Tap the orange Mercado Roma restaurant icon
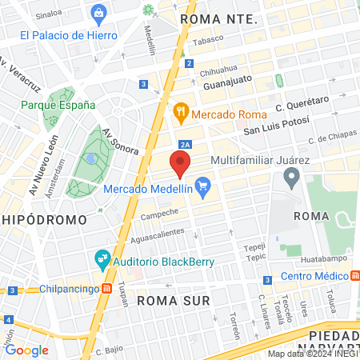(x=181, y=113)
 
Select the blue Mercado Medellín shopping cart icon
(x=203, y=190)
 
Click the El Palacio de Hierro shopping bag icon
(x=98, y=13)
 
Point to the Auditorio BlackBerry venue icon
(x=102, y=258)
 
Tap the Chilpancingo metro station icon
(x=106, y=288)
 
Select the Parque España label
(x=58, y=105)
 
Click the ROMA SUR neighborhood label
(x=173, y=300)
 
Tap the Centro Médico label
(x=316, y=277)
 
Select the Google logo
(x=27, y=350)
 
